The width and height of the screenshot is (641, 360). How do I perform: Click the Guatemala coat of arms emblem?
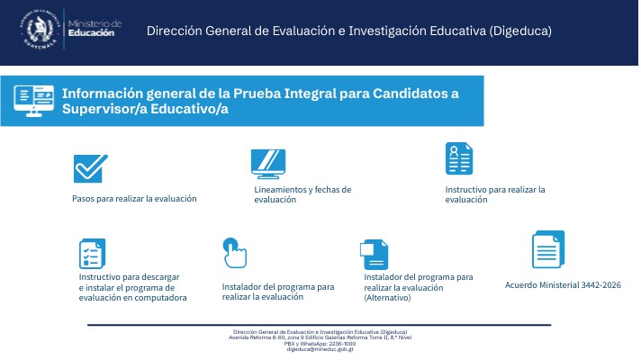(40, 29)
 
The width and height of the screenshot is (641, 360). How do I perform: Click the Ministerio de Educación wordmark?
(95, 28)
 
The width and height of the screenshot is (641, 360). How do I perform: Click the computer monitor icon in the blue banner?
(33, 101)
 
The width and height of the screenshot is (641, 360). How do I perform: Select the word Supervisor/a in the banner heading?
(104, 109)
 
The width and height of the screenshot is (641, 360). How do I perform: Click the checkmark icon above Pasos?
(91, 168)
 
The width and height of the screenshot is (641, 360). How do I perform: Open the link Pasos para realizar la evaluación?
(134, 199)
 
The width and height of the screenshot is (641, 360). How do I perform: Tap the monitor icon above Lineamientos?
(268, 164)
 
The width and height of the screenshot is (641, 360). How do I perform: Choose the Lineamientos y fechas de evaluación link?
(302, 194)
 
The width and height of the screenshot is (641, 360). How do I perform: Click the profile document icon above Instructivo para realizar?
(459, 158)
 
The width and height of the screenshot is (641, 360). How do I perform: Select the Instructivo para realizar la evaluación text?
(495, 194)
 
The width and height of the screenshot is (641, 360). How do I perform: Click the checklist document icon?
(92, 253)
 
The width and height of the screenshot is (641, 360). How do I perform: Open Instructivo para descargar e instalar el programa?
(133, 287)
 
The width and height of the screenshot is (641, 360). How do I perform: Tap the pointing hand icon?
(235, 253)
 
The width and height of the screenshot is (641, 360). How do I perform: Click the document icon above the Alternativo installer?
(374, 254)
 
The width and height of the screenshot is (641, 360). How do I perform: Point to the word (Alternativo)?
(387, 298)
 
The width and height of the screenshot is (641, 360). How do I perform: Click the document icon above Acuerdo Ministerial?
(548, 249)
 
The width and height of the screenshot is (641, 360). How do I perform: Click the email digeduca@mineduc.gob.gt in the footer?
(320, 350)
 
